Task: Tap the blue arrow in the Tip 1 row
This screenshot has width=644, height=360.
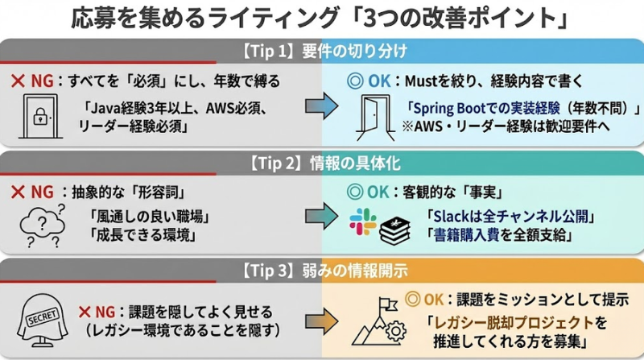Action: [x=320, y=110]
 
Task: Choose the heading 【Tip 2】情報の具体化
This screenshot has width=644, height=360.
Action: [x=322, y=163]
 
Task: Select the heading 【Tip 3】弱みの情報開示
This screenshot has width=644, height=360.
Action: [x=322, y=271]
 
